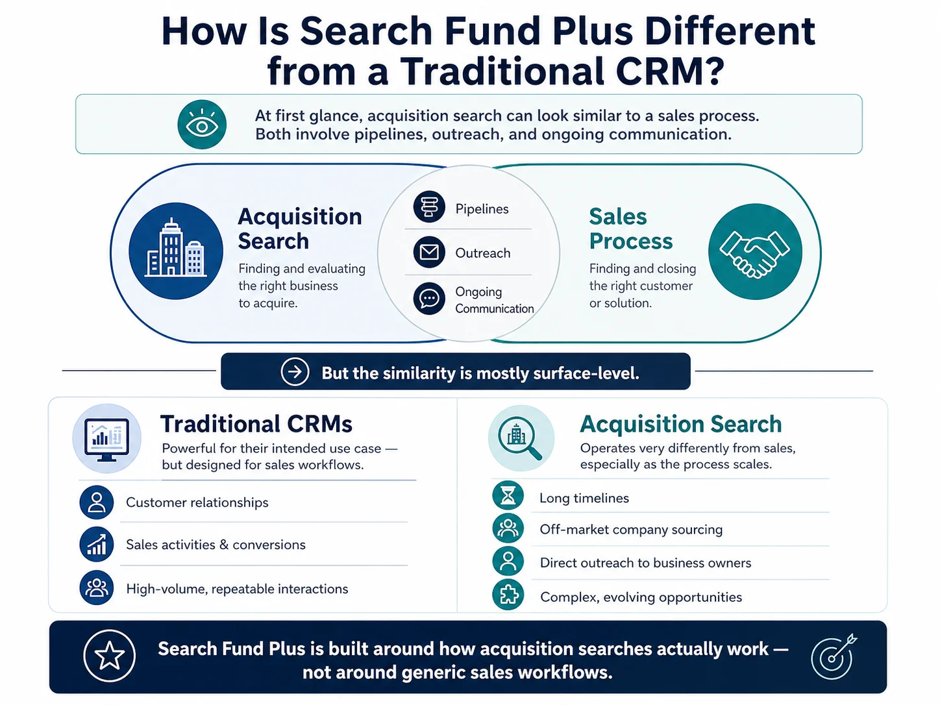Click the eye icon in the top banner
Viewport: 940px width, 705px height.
point(202,125)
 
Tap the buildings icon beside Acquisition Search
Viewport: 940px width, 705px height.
point(175,251)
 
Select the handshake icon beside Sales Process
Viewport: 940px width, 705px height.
point(755,252)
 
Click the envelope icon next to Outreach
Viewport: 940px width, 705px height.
point(429,252)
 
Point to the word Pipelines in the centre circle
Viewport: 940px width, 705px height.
point(482,209)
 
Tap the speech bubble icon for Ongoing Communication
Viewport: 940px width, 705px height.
point(429,299)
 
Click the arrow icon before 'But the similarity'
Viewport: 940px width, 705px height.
point(295,371)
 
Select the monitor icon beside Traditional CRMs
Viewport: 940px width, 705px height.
point(107,438)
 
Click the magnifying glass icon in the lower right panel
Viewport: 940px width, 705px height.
point(521,438)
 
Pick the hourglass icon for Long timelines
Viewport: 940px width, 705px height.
point(508,495)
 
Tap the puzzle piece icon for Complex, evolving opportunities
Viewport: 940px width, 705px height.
point(508,595)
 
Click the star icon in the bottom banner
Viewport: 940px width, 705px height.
point(109,656)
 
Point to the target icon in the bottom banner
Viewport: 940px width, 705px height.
point(834,656)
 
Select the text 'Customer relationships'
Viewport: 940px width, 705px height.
point(197,502)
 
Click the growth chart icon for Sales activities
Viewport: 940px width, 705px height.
point(96,544)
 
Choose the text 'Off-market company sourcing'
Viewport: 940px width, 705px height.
point(631,530)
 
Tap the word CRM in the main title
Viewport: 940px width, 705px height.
point(670,71)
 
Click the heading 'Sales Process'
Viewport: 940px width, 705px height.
point(631,229)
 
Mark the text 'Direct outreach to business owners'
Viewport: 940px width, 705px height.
point(645,563)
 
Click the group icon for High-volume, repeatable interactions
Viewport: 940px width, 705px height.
point(96,587)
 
